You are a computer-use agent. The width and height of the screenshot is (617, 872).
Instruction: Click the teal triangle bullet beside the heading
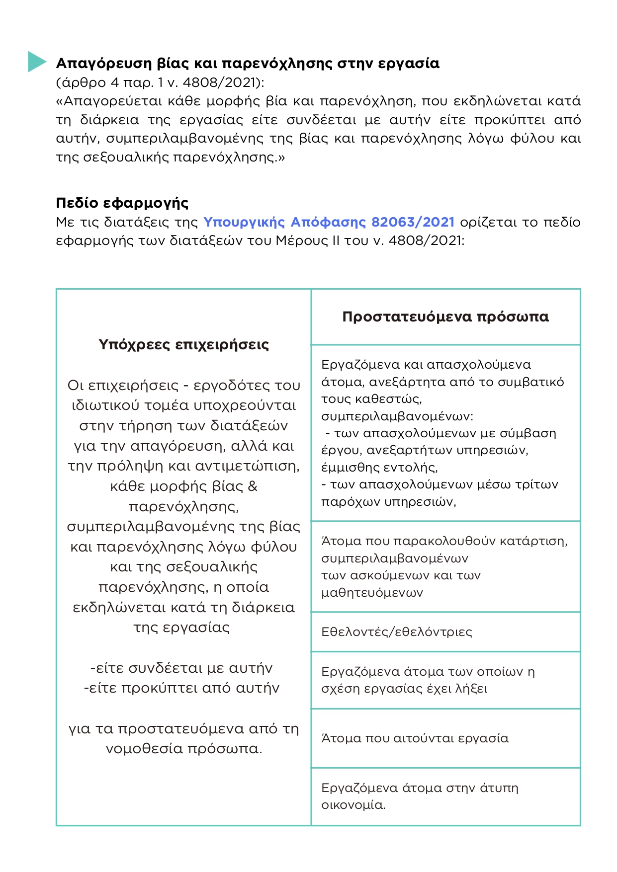(x=36, y=62)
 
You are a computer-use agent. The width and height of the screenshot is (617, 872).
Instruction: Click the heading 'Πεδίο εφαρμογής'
(x=122, y=203)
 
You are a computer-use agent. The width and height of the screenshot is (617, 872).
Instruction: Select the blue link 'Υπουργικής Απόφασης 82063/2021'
(x=329, y=222)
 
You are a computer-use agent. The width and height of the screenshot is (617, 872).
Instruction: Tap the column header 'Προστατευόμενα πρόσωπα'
(x=445, y=317)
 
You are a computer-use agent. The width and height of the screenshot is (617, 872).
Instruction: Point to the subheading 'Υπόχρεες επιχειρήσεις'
(x=183, y=345)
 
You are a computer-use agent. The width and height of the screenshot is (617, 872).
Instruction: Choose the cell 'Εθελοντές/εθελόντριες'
(x=396, y=632)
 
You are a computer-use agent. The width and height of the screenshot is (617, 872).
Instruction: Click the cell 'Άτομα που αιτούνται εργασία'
(x=415, y=738)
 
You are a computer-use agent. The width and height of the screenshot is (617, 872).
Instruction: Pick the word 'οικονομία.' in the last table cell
(x=353, y=805)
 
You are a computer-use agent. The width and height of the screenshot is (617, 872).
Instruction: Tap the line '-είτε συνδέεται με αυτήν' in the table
(x=181, y=668)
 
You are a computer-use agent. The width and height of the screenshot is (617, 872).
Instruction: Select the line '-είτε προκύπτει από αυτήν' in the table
(x=181, y=688)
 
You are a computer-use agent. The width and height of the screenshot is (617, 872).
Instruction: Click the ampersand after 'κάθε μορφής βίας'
(x=253, y=486)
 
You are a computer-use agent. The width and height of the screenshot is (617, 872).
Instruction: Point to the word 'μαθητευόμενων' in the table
(x=372, y=593)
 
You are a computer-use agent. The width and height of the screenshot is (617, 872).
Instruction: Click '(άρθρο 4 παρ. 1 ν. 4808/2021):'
(x=160, y=82)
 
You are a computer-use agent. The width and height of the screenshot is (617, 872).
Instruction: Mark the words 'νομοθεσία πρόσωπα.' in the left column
(x=183, y=749)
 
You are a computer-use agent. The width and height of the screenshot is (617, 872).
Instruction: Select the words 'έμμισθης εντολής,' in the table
(x=379, y=468)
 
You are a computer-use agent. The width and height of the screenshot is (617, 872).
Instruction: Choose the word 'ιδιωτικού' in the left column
(x=105, y=405)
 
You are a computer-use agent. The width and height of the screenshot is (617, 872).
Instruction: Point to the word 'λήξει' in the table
(x=471, y=689)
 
